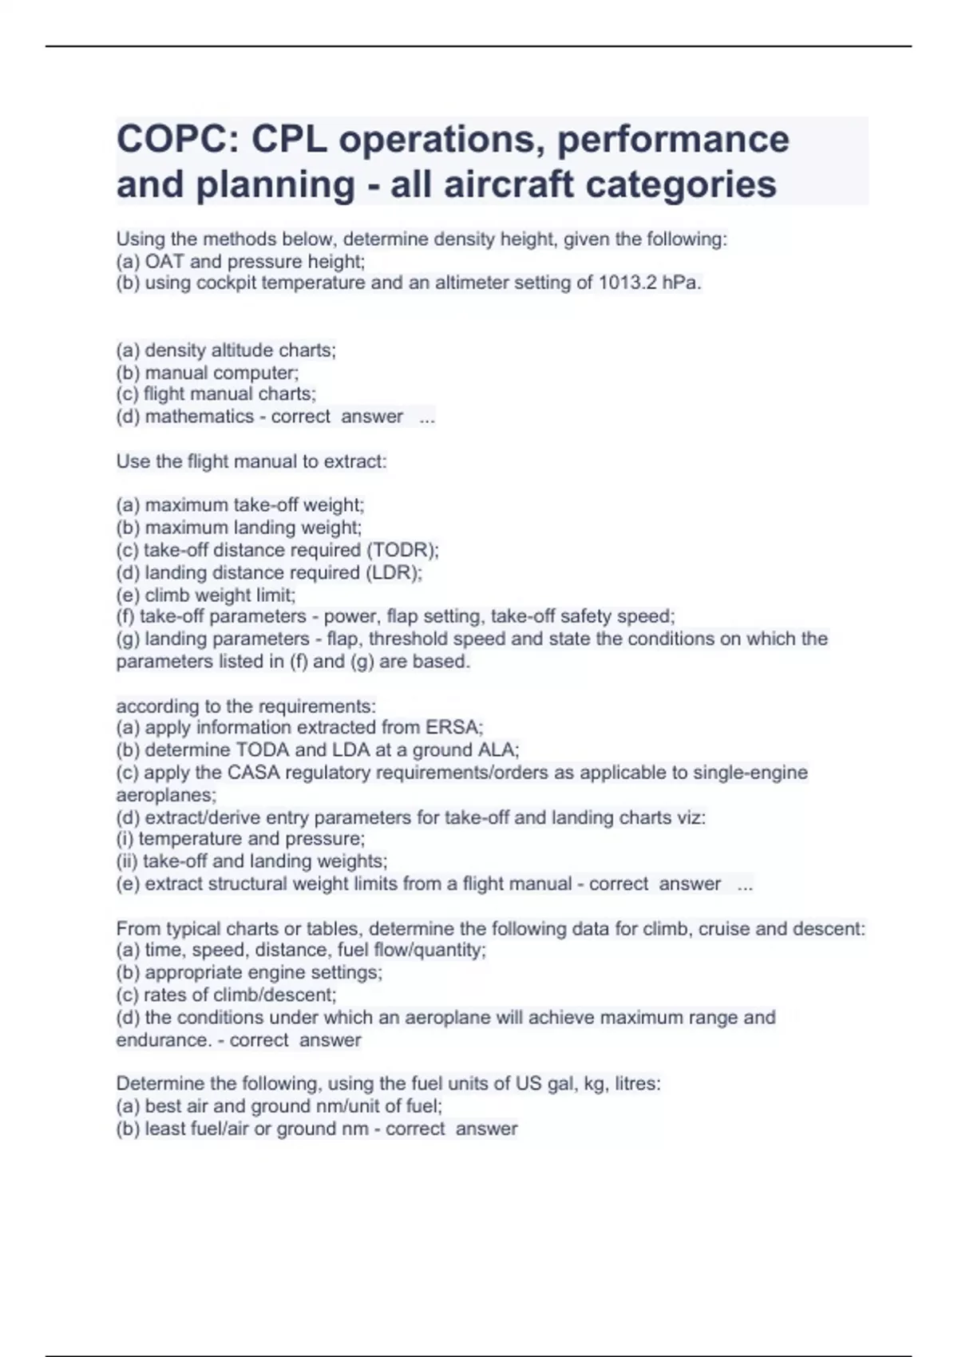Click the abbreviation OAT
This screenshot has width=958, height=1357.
164,261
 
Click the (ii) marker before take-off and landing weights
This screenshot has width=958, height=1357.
127,861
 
